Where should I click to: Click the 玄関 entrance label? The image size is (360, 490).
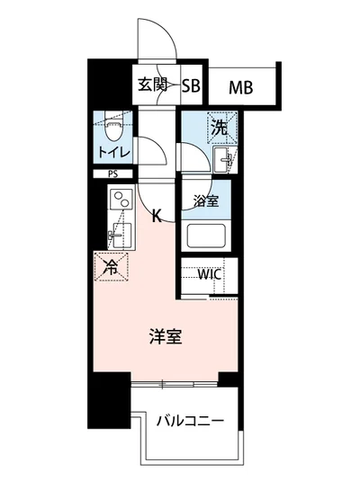(x=153, y=86)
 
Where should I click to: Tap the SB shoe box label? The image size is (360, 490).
(x=191, y=87)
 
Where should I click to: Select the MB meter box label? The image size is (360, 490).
(x=240, y=87)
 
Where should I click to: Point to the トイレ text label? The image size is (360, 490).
(x=114, y=151)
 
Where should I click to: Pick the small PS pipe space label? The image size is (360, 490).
(x=112, y=174)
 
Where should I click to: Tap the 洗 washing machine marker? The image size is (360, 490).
(x=219, y=128)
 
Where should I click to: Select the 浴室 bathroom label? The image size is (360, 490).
(x=205, y=201)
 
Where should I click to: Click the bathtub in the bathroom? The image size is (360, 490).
(x=206, y=237)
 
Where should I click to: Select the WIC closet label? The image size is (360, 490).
(x=210, y=273)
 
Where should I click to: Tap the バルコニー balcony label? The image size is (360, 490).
(x=188, y=421)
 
